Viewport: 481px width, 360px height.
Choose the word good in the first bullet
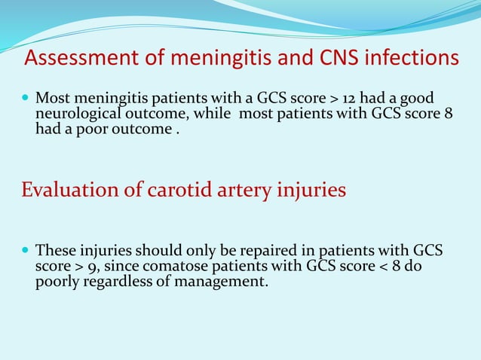point(418,99)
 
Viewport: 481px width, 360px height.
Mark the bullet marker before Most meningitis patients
point(26,99)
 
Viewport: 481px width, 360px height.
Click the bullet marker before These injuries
point(26,249)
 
